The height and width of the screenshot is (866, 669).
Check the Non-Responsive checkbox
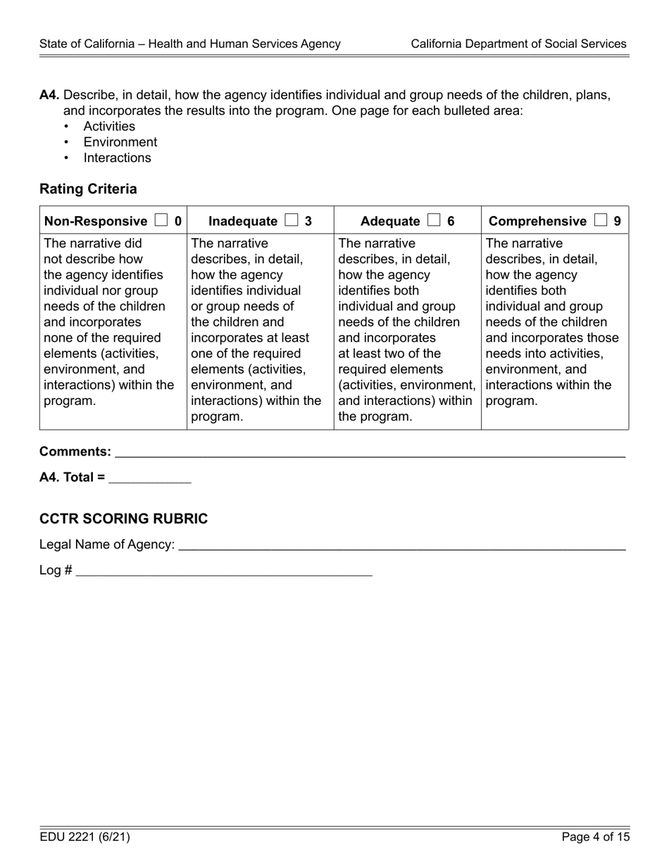(161, 220)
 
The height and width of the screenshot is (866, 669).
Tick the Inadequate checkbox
(292, 220)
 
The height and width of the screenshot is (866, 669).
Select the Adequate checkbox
(434, 220)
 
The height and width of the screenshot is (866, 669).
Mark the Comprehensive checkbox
(601, 220)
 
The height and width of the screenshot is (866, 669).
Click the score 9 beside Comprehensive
(618, 221)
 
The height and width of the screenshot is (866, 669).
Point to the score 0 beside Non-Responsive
(178, 221)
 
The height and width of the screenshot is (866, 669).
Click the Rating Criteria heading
(88, 189)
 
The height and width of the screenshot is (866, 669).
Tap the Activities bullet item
(109, 126)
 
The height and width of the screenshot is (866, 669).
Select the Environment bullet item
(120, 142)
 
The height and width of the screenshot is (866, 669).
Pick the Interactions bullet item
(117, 158)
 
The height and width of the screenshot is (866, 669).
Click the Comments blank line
(370, 453)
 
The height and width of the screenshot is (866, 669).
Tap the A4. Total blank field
(150, 479)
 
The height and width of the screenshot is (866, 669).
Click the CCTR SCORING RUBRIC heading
(123, 519)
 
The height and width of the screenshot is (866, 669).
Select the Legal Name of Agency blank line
(401, 546)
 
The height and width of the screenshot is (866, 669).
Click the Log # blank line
(224, 572)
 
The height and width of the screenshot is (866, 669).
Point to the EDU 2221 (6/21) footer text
(85, 837)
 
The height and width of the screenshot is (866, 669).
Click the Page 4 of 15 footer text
(595, 837)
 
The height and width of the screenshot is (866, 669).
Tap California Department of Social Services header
(518, 44)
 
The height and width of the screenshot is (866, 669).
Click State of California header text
(190, 44)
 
